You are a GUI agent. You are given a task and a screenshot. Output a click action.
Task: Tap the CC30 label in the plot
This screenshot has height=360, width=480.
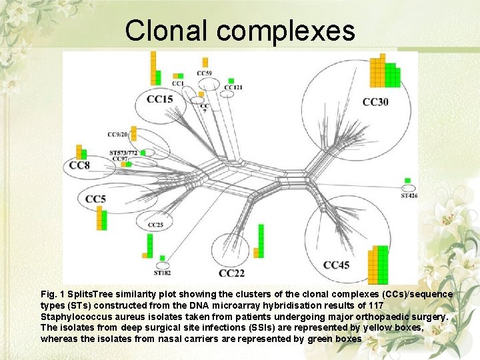375,102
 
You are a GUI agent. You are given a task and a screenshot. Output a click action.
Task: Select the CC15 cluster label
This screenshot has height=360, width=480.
159,99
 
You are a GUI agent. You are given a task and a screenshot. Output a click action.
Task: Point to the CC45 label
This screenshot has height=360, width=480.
336,265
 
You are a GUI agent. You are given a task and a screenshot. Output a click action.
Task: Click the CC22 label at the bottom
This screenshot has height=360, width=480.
231,273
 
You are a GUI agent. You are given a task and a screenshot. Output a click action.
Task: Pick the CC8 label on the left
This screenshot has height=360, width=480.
79,165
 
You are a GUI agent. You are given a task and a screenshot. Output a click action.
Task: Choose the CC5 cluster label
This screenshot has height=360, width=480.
95,199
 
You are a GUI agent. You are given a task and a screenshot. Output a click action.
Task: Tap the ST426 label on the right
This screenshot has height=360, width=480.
409,196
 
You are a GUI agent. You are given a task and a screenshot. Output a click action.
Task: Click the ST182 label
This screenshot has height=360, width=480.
162,273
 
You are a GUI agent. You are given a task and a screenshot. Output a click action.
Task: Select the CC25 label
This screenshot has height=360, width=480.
155,225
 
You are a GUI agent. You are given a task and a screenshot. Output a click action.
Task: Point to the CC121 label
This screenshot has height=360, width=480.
233,87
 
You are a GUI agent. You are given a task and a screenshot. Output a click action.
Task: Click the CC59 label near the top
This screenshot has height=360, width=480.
205,73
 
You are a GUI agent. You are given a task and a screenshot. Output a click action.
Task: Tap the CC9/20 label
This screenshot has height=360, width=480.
117,135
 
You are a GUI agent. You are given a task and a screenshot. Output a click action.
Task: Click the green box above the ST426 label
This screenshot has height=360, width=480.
407,181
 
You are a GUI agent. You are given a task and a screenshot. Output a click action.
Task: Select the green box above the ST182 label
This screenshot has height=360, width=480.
162,258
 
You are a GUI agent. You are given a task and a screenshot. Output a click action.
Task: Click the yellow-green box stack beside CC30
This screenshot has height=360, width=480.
385,71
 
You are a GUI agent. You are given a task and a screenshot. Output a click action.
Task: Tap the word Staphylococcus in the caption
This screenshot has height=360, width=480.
74,317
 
